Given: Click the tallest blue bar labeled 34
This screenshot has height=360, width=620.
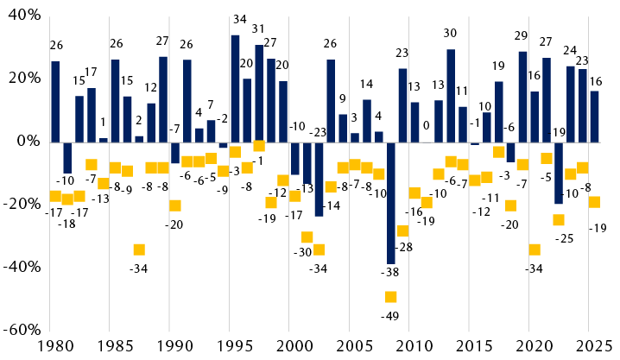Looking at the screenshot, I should click(235, 87).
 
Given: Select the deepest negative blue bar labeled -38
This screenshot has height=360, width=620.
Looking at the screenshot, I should click(390, 202).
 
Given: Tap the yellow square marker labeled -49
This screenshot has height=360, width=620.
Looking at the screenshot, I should click(390, 297).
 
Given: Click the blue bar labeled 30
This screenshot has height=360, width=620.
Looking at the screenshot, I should click(450, 95).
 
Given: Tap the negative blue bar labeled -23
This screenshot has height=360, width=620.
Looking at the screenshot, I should click(319, 178).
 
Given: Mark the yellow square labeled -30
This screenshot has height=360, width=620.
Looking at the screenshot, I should click(307, 237).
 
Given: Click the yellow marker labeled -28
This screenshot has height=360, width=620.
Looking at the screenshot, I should click(402, 231).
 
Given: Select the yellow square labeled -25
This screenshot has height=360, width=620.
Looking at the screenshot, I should click(559, 220).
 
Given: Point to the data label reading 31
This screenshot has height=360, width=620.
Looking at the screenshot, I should click(258, 29).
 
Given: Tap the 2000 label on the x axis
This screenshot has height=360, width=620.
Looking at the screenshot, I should click(294, 348).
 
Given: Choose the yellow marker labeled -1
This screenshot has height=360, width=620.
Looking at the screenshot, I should click(259, 145).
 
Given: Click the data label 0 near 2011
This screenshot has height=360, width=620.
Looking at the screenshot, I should click(426, 126).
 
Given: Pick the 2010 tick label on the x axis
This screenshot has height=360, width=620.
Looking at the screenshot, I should click(414, 348).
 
